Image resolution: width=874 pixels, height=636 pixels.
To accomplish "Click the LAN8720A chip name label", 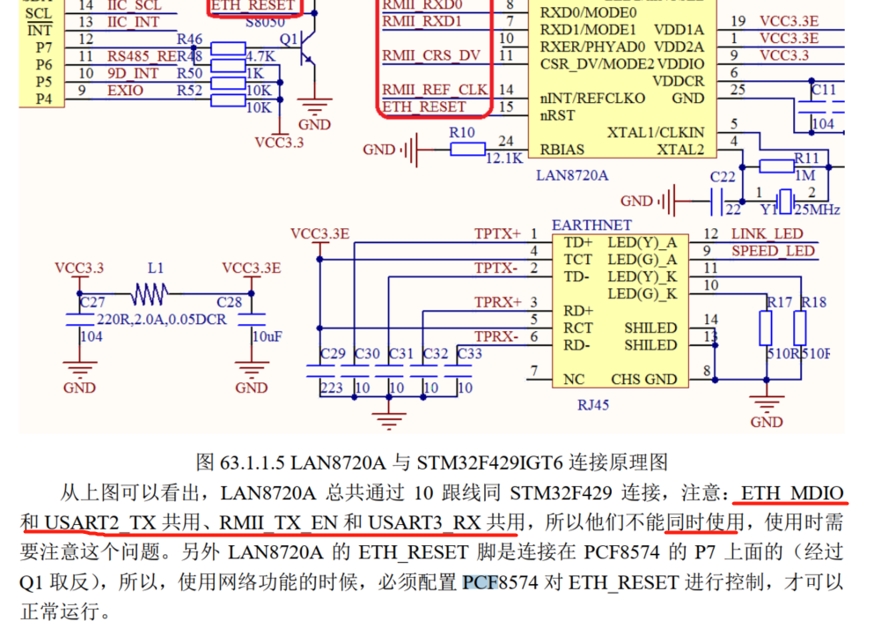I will point(572,175).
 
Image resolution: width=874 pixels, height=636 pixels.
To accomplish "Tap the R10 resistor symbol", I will point(467,150).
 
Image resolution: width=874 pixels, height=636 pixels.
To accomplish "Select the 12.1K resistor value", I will point(504,159).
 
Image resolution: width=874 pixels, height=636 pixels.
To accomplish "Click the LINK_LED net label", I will point(767,233).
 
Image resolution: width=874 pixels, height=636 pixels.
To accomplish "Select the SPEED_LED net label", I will point(772,251).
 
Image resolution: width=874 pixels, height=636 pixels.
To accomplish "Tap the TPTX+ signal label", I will point(498,233).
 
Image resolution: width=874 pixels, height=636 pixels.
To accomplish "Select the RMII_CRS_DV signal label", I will point(431,55).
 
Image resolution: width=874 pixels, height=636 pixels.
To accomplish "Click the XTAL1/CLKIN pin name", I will point(656,132).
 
